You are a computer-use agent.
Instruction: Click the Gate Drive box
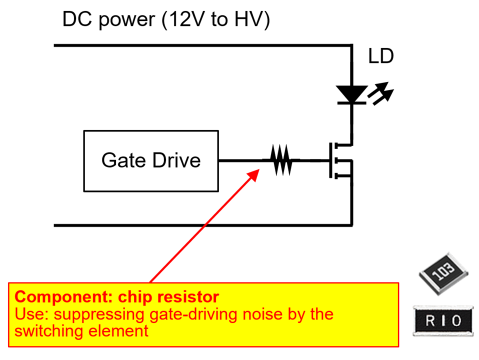tap(150, 160)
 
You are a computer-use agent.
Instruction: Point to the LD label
tap(381, 56)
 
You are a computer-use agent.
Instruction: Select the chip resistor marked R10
tap(443, 320)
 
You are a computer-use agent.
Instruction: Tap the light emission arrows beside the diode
tap(381, 95)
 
